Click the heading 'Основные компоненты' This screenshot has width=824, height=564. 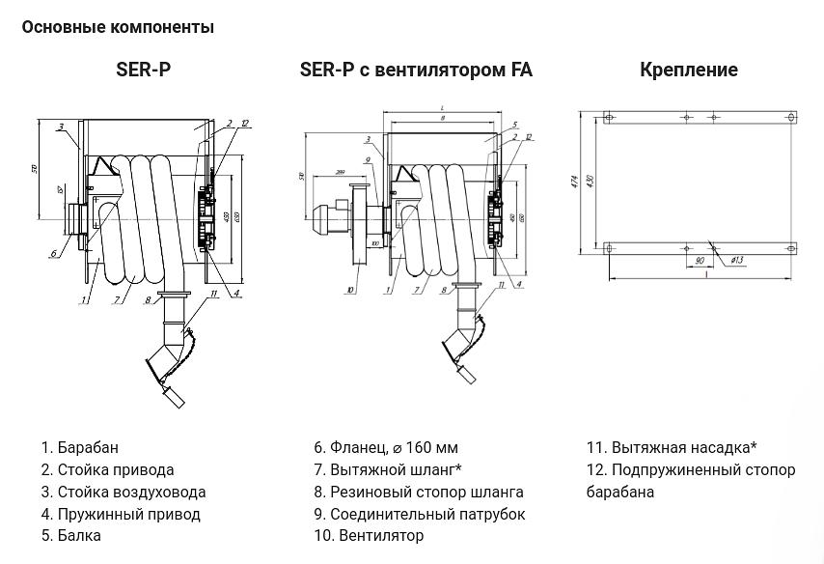118,27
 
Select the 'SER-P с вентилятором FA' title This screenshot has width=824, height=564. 416,70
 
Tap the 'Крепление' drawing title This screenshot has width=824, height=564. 689,70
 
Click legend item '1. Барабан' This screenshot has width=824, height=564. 80,447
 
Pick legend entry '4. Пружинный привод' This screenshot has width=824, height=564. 121,514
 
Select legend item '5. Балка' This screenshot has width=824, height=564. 71,535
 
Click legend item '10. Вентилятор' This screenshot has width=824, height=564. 369,535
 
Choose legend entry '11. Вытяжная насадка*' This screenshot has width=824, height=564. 672,447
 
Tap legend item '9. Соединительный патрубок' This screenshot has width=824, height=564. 420,514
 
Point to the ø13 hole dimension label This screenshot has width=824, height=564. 730,260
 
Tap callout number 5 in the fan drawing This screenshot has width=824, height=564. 516,125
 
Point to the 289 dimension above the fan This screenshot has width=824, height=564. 341,172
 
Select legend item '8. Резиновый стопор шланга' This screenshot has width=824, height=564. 419,492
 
